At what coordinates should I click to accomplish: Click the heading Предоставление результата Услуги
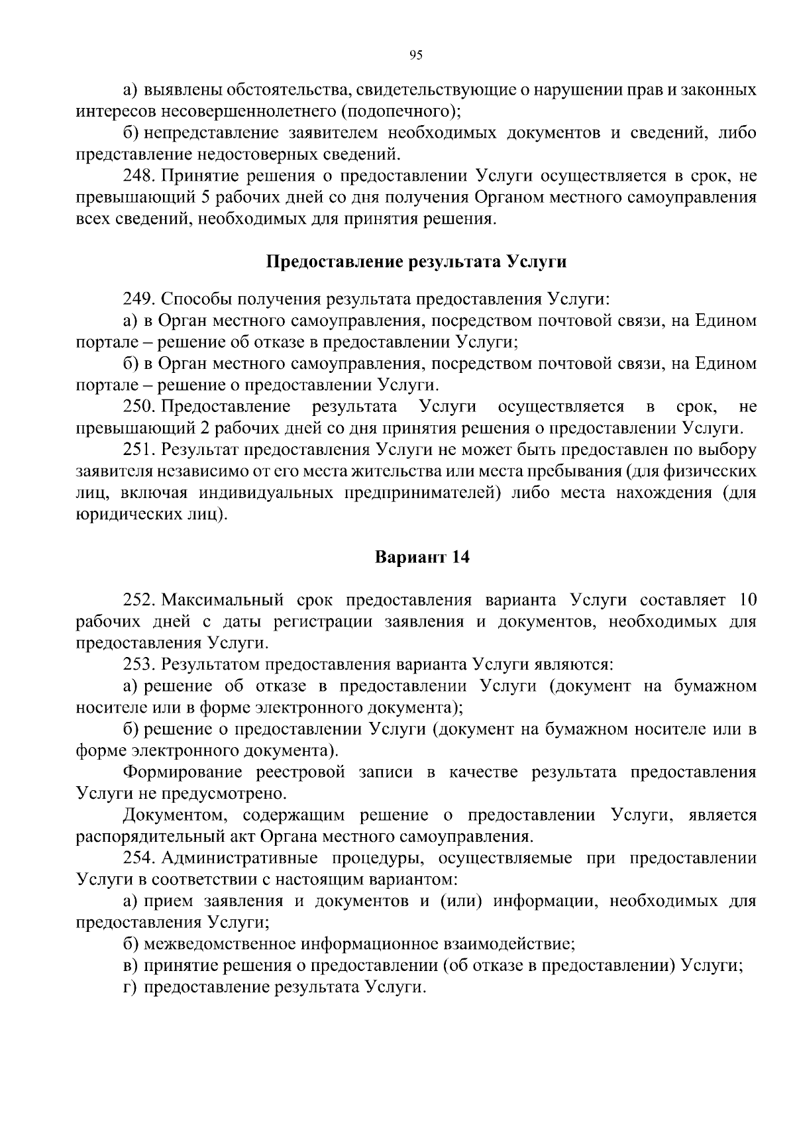click(416, 262)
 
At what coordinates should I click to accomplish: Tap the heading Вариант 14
click(422, 557)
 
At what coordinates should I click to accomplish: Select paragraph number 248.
click(138, 176)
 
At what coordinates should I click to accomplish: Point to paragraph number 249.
click(138, 299)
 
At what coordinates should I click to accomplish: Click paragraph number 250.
click(138, 406)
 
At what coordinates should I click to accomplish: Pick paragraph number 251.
click(138, 450)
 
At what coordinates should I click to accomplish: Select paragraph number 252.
click(138, 600)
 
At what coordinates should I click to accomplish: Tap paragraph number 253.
click(138, 664)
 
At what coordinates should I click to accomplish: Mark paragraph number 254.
click(138, 858)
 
